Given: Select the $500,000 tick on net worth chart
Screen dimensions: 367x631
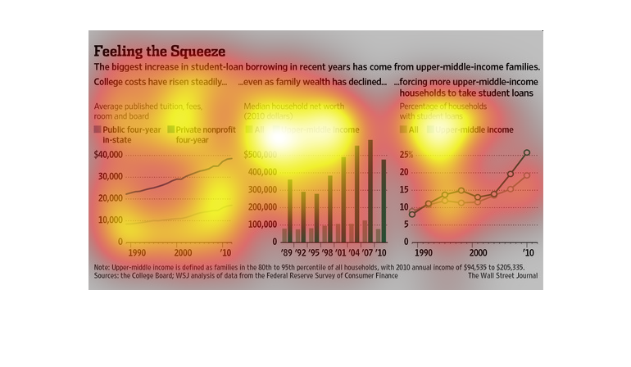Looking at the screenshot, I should [261, 155].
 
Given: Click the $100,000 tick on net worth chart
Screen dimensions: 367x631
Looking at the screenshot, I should [261, 224].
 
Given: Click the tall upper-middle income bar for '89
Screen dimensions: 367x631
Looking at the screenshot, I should [289, 210].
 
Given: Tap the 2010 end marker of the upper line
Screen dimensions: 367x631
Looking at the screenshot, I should [527, 152].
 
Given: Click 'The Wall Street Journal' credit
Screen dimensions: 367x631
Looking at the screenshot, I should [504, 276].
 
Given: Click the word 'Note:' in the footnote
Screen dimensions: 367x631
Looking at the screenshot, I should [103, 267].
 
